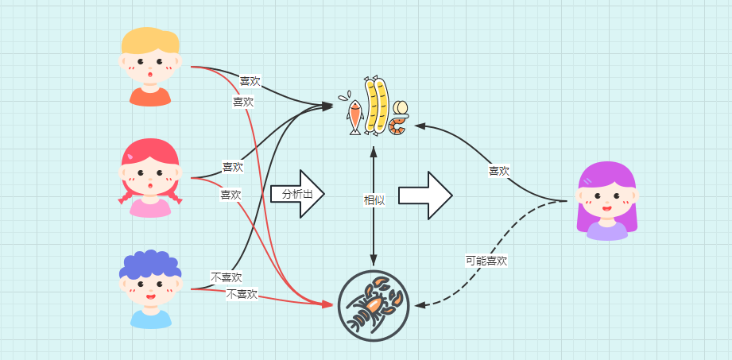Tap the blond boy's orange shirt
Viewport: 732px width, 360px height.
point(150,97)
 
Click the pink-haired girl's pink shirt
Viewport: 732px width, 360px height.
point(150,208)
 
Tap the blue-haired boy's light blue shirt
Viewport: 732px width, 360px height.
point(150,319)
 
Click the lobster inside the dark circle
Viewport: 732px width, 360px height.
point(373,306)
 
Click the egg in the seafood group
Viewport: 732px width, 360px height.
point(401,107)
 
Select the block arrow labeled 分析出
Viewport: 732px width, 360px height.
point(297,193)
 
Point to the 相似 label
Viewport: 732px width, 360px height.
point(374,200)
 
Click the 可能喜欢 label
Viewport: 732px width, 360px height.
point(486,261)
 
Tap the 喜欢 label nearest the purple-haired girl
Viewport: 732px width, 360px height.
point(498,171)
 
